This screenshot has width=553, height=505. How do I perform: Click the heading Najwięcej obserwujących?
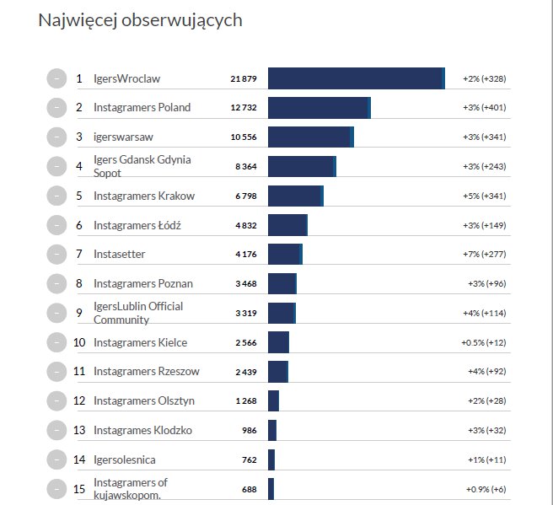tap(140, 20)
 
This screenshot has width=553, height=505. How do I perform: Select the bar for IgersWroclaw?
tap(356, 78)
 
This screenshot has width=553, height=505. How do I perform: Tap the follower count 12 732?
tap(243, 108)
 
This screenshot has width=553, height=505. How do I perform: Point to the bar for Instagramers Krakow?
tap(295, 196)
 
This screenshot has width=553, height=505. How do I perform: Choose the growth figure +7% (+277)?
tap(484, 255)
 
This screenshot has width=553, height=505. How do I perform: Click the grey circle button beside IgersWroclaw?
tap(56, 78)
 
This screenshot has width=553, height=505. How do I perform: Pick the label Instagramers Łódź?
tap(137, 225)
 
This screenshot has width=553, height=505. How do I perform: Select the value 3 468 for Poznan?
tap(246, 284)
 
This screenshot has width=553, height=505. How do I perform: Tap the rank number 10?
tap(79, 343)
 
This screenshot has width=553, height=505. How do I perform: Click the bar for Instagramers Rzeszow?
tap(278, 372)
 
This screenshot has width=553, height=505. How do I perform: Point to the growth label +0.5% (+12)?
tap(483, 343)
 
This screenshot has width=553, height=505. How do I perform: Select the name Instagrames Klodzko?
tap(142, 431)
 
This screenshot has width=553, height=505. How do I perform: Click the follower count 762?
tap(249, 460)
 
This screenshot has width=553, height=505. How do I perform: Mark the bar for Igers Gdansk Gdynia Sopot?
tap(302, 166)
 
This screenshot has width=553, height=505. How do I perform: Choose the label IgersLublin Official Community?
tap(137, 313)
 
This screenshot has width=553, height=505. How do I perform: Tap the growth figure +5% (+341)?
tap(484, 196)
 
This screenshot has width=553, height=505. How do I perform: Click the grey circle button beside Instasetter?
tap(56, 255)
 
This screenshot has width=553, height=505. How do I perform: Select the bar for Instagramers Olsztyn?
tap(273, 401)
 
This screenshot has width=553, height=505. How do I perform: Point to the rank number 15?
tap(79, 489)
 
